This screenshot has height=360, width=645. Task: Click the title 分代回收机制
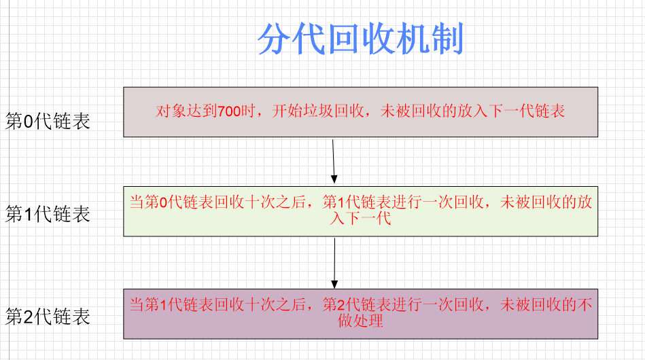pos(360,40)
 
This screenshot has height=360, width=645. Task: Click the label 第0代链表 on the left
pos(48,122)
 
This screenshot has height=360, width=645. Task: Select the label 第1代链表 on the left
pos(48,214)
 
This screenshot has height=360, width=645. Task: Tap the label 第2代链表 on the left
pos(48,317)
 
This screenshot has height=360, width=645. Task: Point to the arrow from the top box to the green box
pos(334,160)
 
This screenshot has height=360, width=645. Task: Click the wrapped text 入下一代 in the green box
pos(360,218)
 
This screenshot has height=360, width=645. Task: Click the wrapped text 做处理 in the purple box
pos(360,321)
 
